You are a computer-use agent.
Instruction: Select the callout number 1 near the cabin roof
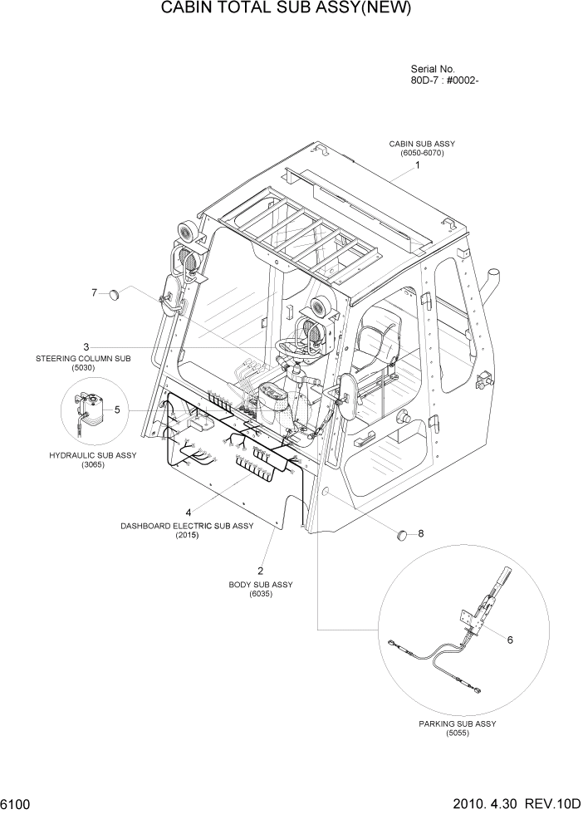418,165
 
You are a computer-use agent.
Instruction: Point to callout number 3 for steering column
189,512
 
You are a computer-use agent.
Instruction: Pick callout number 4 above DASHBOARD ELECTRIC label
117,410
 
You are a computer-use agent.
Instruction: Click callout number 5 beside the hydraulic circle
510,640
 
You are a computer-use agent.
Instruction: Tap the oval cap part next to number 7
403,534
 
